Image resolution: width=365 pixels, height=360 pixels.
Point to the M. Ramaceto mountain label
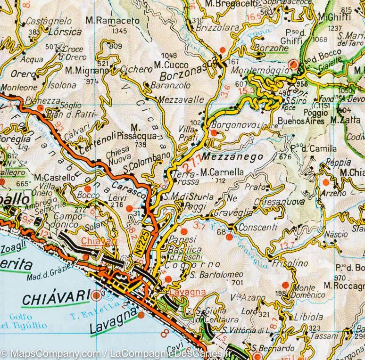[x=113, y=21]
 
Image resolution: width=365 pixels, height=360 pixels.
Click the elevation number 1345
[x=120, y=31]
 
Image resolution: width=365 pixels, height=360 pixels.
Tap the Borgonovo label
[x=234, y=125]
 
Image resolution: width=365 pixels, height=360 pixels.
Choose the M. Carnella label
[x=222, y=172]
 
